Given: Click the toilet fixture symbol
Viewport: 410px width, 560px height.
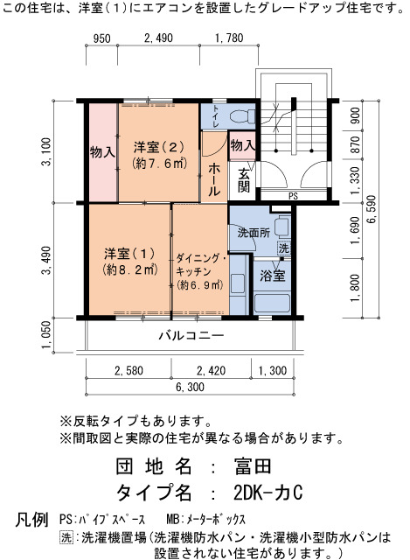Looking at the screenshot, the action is [242, 116].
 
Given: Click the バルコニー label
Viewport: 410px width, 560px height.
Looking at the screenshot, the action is [191, 335].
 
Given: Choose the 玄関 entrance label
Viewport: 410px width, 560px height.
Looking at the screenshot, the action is [244, 181].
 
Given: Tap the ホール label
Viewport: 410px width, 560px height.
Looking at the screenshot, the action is [213, 179].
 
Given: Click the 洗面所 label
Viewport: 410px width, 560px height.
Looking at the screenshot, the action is [254, 233].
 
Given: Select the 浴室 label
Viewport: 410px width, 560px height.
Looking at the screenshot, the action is [273, 276].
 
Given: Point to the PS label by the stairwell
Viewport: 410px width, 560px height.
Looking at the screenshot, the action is [293, 196].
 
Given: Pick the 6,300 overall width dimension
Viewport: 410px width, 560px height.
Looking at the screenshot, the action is [191, 387].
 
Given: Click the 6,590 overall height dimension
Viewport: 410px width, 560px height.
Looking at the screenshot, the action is [372, 210].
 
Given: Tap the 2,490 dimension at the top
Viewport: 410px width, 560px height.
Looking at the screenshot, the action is [158, 38].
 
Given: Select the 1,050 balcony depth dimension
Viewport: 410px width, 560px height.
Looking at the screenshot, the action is [46, 334].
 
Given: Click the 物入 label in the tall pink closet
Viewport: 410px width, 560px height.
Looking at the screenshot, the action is [103, 152].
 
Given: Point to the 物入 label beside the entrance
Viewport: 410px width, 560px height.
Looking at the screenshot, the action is [243, 145].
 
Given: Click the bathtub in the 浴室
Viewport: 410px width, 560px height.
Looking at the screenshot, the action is [272, 304].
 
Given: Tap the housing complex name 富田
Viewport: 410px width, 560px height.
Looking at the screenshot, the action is [253, 466].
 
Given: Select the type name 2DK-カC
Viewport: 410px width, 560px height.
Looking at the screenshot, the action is [268, 493].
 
